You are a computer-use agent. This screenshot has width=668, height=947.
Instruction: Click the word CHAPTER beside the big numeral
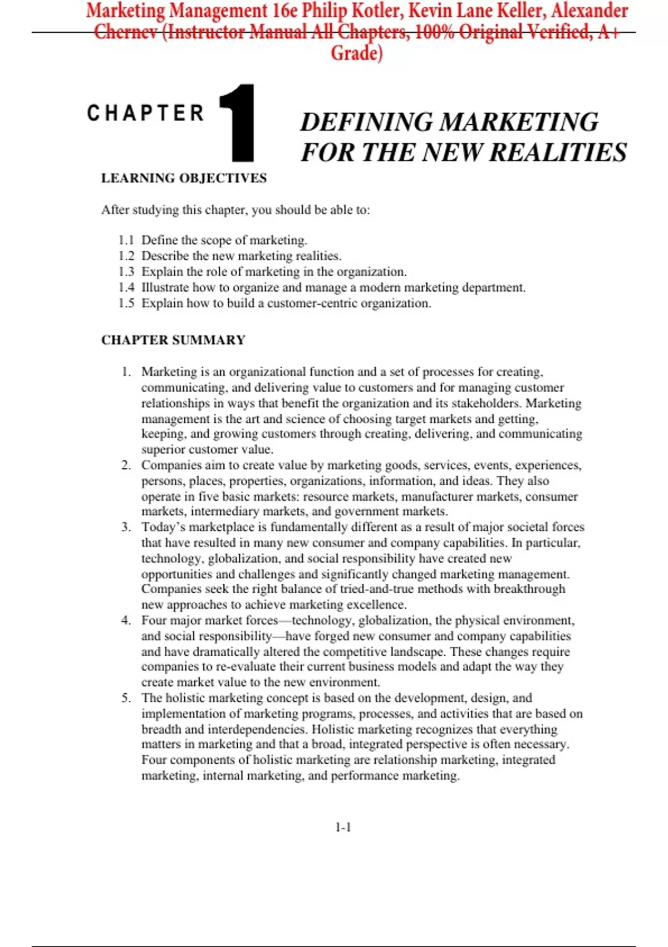(x=145, y=113)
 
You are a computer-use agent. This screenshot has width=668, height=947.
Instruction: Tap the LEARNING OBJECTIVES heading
(x=184, y=178)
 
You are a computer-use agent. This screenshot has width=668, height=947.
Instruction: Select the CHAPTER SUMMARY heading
(x=173, y=340)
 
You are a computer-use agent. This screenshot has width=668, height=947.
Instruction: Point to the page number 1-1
(x=343, y=827)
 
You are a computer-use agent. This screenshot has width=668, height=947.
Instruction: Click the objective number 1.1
(x=126, y=240)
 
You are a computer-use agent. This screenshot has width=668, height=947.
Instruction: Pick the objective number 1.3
(x=126, y=272)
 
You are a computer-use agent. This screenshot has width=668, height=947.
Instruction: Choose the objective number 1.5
(x=126, y=303)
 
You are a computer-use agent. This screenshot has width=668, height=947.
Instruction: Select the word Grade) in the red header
(x=356, y=53)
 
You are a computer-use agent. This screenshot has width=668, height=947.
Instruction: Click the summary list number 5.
(x=126, y=698)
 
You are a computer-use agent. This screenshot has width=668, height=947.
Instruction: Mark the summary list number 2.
(x=126, y=465)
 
